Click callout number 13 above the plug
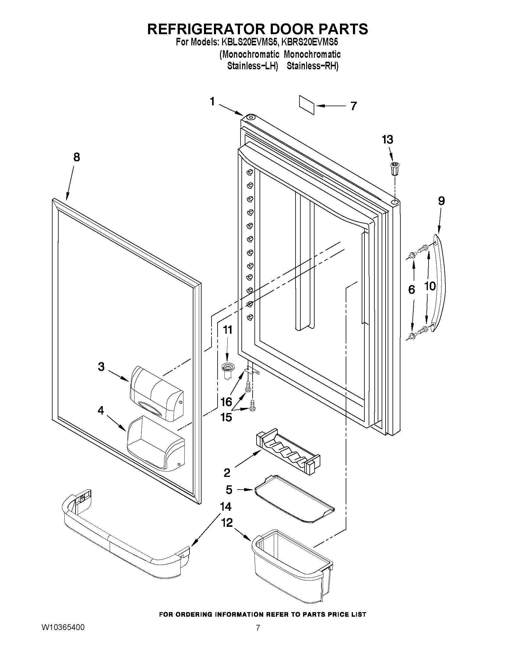click(387, 140)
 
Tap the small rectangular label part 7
click(307, 105)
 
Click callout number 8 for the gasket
click(76, 157)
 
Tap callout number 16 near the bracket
click(226, 402)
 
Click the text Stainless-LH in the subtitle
click(252, 66)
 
